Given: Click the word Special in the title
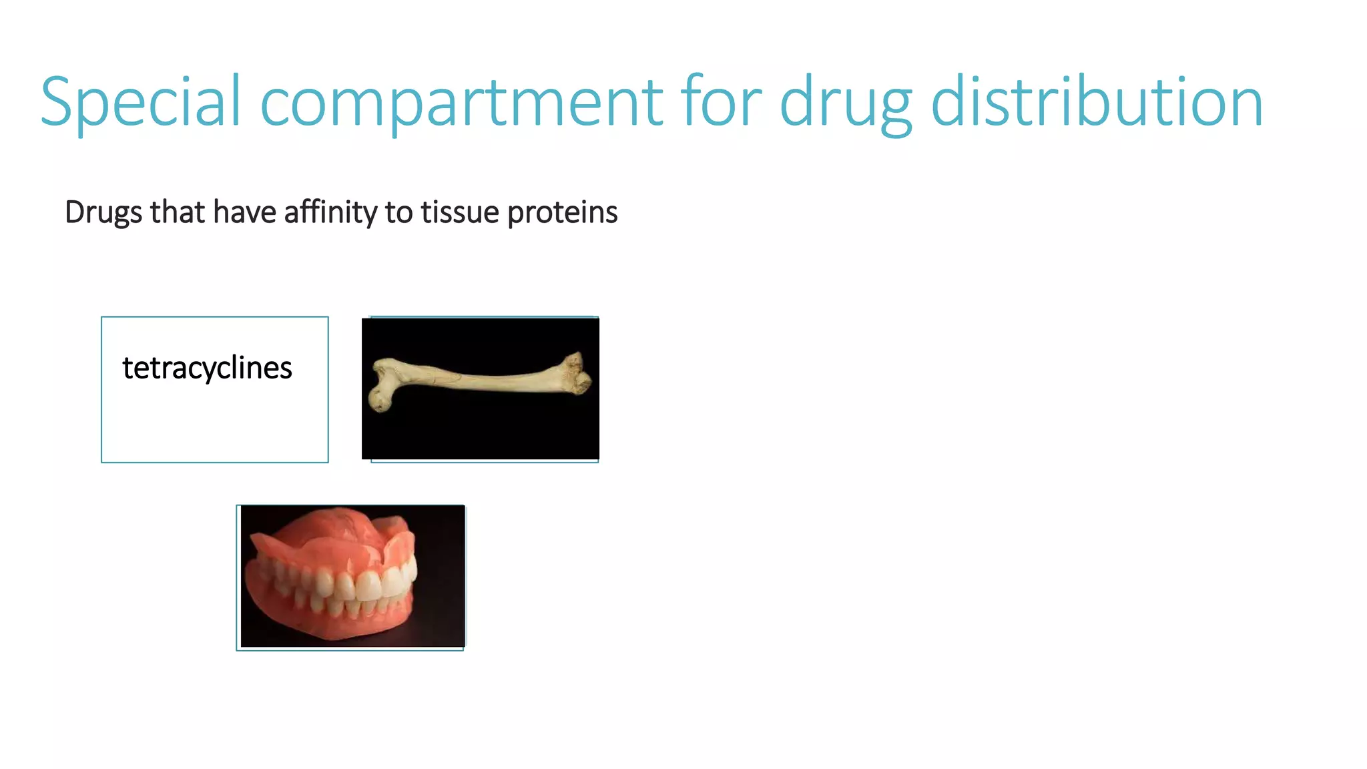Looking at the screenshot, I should click(x=140, y=102).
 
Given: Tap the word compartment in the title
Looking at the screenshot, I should click(x=461, y=102).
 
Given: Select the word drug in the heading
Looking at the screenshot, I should click(x=845, y=102).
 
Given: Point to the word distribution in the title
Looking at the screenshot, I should click(x=1096, y=102).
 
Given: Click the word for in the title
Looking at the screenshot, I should click(x=721, y=102).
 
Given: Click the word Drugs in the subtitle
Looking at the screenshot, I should click(x=103, y=213).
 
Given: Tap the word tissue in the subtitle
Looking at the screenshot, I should click(x=460, y=213).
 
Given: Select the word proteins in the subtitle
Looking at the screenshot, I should click(x=562, y=213).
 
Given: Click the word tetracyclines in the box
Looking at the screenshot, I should click(x=207, y=368).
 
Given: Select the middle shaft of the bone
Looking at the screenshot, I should click(x=481, y=382).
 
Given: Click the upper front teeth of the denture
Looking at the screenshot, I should click(x=367, y=585).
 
